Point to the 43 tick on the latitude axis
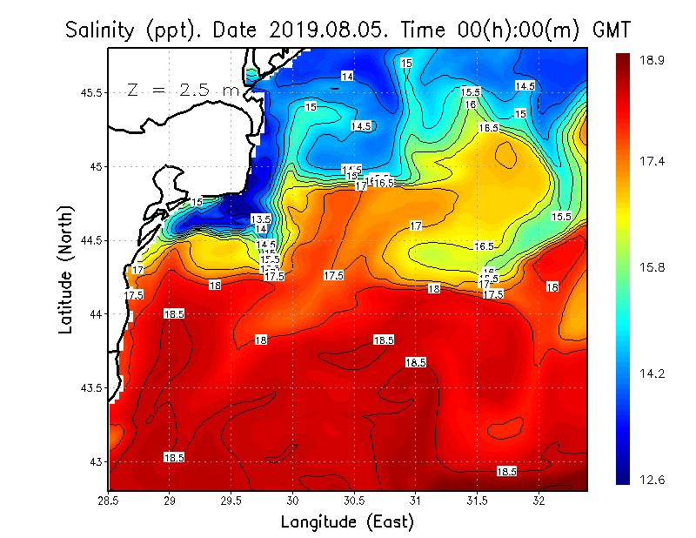95,461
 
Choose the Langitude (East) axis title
346,522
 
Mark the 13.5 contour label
261,219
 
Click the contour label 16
471,104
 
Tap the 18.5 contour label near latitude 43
174,457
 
